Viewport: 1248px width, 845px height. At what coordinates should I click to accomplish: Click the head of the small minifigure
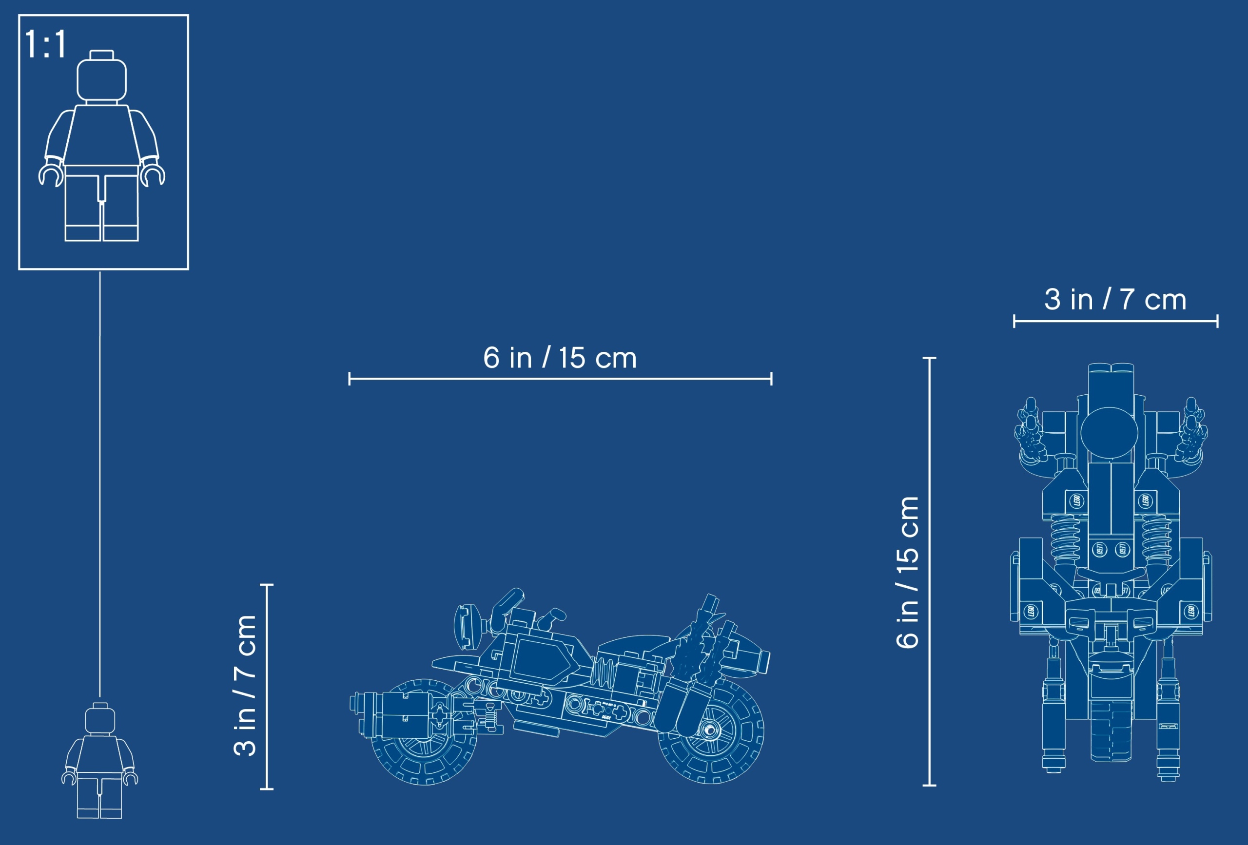tap(100, 719)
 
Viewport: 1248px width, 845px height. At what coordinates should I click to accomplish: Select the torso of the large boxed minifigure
tap(101, 136)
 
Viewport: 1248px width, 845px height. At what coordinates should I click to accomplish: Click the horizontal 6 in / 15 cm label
tap(560, 358)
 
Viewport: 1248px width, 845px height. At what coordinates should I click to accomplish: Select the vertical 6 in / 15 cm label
tap(908, 572)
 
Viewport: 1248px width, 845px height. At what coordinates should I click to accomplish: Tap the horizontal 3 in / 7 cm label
tap(1115, 300)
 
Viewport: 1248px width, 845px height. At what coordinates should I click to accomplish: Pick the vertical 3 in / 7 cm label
tap(245, 686)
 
